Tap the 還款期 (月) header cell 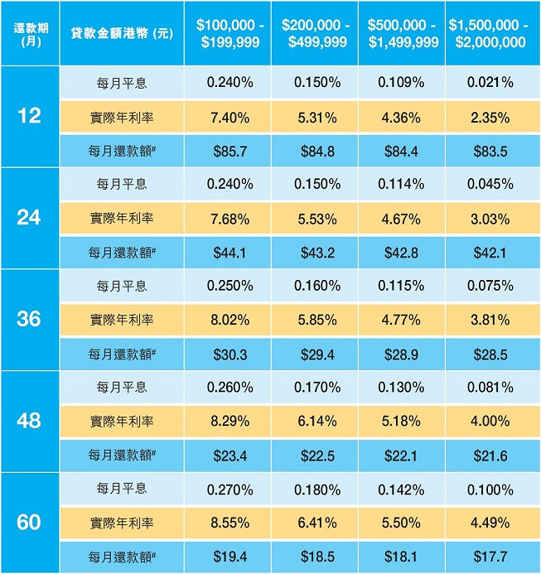(x=29, y=33)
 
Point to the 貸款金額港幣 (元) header (x=122, y=33)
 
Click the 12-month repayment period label (x=29, y=117)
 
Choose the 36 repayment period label (x=29, y=319)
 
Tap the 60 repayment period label (x=29, y=523)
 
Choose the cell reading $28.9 (x=401, y=354)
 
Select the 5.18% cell (x=401, y=422)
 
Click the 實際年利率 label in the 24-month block (x=122, y=219)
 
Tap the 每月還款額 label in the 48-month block (x=122, y=456)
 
